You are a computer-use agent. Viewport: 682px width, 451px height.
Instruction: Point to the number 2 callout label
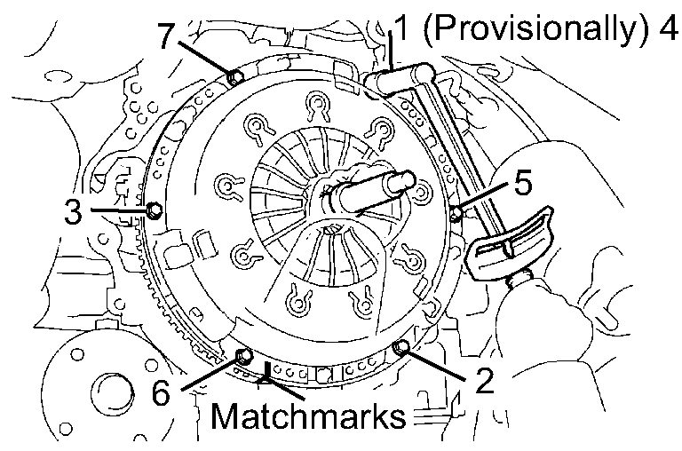coord(483,381)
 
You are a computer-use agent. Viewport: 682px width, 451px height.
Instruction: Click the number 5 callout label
coord(523,184)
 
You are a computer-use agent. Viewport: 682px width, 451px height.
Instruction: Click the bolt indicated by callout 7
coord(235,77)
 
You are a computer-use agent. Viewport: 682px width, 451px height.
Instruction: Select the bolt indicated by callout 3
coord(154,210)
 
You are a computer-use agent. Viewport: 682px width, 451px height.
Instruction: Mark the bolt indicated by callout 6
coord(242,358)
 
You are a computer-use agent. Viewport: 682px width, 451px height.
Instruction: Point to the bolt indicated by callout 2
coord(401,344)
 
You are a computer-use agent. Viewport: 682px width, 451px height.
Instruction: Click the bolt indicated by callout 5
coord(456,214)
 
